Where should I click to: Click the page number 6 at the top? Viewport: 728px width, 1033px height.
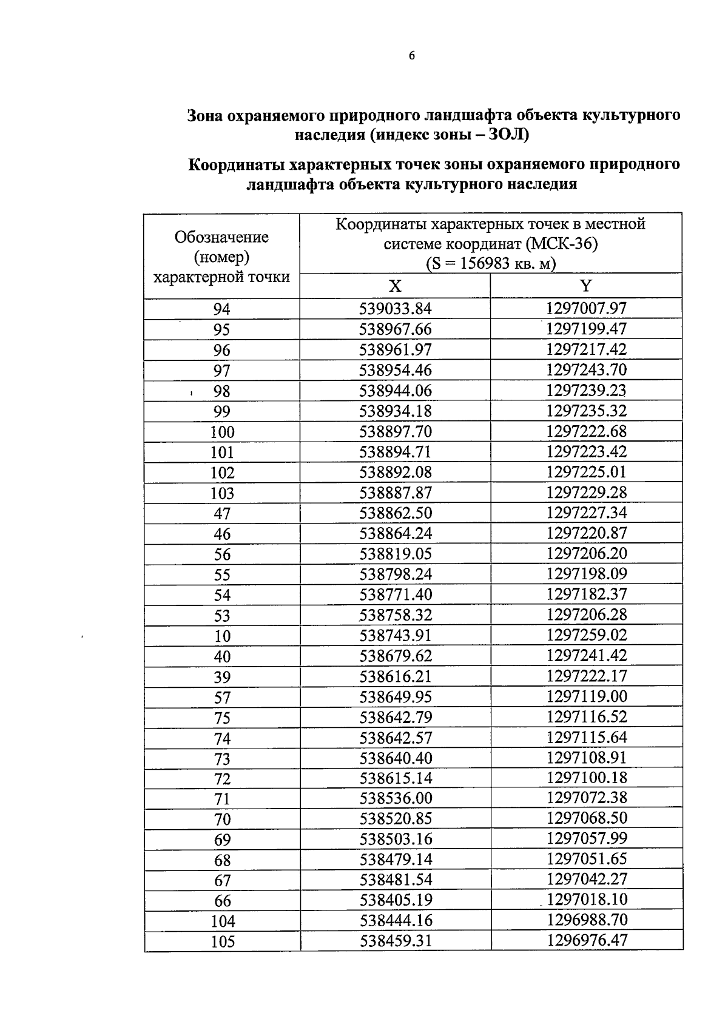(x=412, y=56)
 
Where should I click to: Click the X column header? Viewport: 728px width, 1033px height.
(x=395, y=286)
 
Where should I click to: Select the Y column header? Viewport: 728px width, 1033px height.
(x=586, y=286)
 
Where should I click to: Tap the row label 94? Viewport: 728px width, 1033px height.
(x=222, y=309)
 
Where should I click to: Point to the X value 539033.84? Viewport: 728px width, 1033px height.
(x=396, y=309)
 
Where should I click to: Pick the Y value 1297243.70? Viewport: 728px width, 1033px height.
(x=586, y=370)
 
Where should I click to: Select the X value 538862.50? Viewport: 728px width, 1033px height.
(x=396, y=513)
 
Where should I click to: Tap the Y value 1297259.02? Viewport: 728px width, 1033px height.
(x=586, y=635)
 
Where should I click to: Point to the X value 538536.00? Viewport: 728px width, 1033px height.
(x=396, y=798)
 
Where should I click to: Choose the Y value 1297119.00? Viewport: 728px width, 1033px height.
(x=586, y=696)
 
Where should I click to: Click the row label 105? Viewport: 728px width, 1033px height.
(x=222, y=942)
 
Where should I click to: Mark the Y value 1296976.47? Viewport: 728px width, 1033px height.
(x=586, y=941)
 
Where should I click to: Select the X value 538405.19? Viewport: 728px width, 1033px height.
(x=396, y=900)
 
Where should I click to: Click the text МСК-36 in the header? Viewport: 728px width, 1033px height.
(x=562, y=244)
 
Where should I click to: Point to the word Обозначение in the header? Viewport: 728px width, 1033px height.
(x=221, y=237)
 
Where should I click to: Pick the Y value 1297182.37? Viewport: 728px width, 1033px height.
(x=586, y=594)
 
